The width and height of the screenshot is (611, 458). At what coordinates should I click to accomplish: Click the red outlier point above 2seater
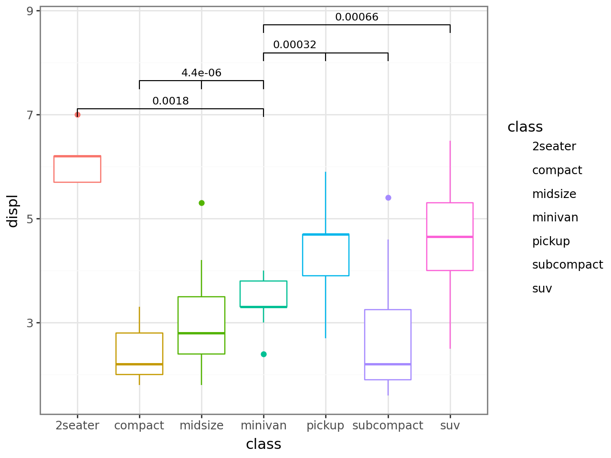click(x=77, y=114)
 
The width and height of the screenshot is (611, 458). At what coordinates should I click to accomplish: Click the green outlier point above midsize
click(x=201, y=203)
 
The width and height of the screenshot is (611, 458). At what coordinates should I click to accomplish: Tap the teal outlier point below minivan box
click(x=263, y=354)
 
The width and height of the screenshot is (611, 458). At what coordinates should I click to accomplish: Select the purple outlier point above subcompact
click(x=388, y=198)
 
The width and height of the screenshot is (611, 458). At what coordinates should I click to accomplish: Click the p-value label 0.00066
click(x=357, y=17)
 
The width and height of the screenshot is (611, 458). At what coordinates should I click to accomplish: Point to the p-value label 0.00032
click(x=295, y=45)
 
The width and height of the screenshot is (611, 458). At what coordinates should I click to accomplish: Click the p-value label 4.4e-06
click(x=201, y=73)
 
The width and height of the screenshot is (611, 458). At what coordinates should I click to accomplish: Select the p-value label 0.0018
click(x=170, y=101)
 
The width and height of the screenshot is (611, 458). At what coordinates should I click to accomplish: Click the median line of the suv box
click(x=450, y=237)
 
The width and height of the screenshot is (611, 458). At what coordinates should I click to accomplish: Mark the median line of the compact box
click(x=139, y=364)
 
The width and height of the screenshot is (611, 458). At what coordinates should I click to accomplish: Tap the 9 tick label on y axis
click(x=30, y=11)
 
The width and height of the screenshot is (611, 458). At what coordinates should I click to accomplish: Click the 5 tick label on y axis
click(x=30, y=219)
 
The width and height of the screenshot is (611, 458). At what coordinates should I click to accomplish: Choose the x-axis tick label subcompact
click(x=388, y=426)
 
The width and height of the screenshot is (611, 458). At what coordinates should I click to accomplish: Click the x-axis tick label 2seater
click(x=77, y=426)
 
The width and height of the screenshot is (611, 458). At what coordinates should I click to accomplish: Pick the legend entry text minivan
click(x=555, y=218)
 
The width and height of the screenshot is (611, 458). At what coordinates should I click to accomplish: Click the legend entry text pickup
click(x=551, y=241)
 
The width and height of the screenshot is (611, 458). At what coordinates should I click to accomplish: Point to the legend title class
click(x=525, y=127)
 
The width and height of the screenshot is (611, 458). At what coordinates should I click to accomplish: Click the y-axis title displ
click(x=12, y=211)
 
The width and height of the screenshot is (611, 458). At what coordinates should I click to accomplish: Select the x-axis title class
click(x=263, y=445)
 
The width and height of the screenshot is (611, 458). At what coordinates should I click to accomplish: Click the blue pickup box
click(x=326, y=255)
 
